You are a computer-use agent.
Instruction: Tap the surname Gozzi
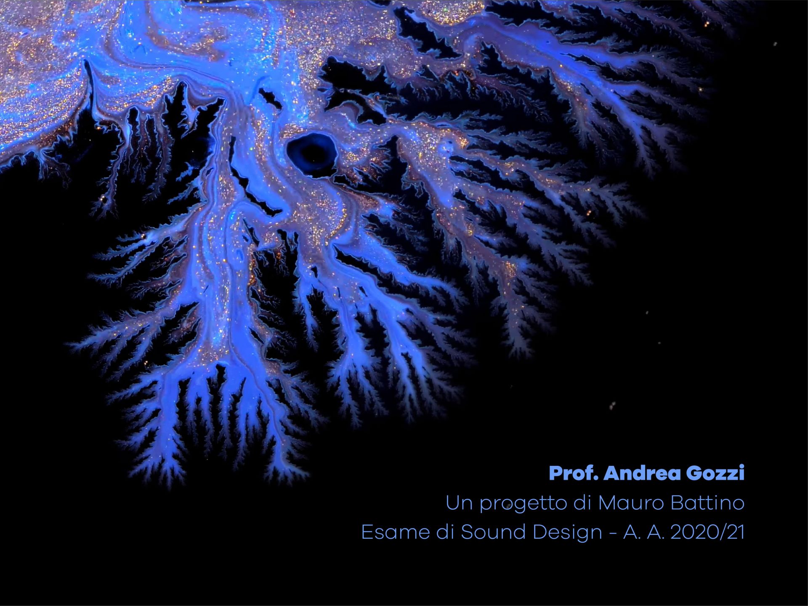coord(715,473)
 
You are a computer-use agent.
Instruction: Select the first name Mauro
coord(631,503)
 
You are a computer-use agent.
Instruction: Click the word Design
coord(568,533)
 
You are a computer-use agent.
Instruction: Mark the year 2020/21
coord(707,532)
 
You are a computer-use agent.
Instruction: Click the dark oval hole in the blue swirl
coord(312,152)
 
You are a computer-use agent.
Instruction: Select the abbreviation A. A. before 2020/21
coord(643,532)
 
